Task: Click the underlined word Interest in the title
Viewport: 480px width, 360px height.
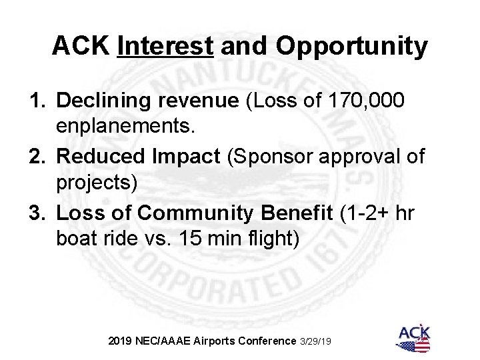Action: point(164,46)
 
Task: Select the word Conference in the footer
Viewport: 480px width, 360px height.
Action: point(264,341)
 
